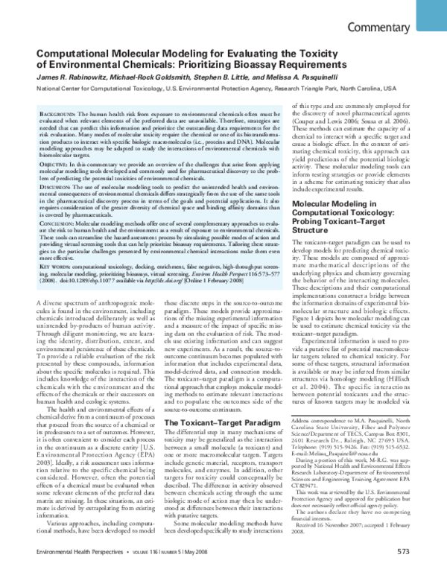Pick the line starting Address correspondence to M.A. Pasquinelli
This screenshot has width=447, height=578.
click(x=355, y=420)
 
